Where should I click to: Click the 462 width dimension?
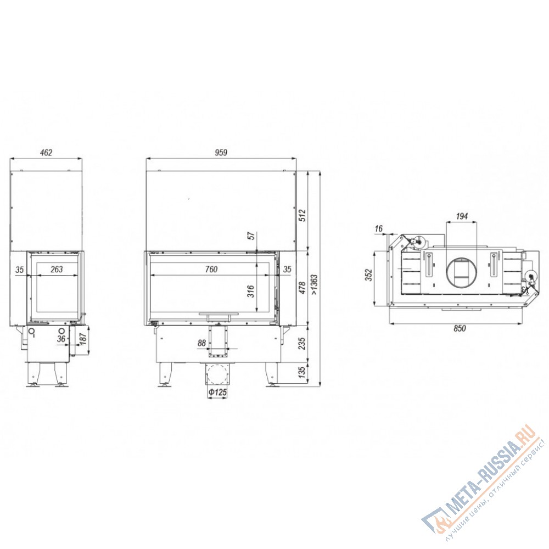46,153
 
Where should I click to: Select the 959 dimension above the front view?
221,153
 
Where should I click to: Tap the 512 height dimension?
302,215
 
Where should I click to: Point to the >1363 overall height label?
314,284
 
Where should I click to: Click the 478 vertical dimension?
302,288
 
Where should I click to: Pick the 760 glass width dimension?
211,269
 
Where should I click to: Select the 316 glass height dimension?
251,292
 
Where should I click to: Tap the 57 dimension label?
251,236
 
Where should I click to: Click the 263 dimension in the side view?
57,269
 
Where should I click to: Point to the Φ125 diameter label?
217,393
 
